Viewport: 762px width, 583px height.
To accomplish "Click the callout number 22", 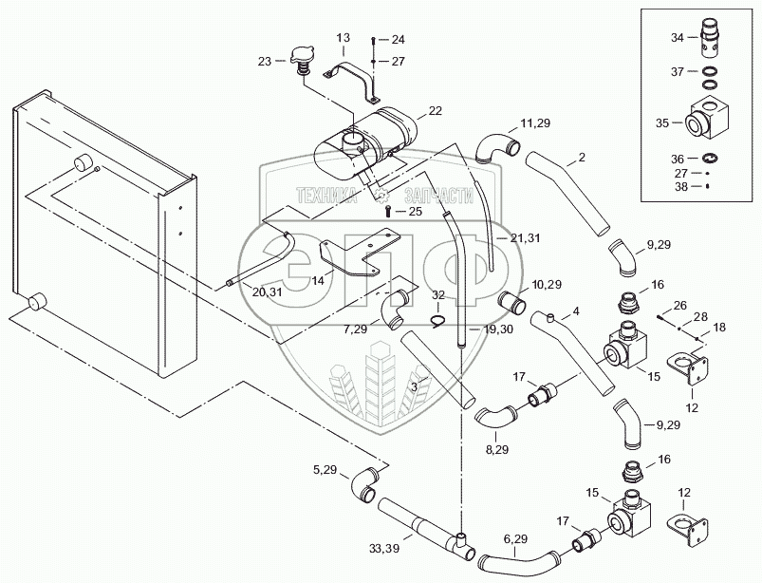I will [x=435, y=111].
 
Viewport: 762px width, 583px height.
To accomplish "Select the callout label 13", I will [x=344, y=37].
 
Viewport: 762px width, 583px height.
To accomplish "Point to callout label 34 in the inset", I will [x=677, y=38].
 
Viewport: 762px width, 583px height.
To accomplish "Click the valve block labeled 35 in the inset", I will [x=710, y=121].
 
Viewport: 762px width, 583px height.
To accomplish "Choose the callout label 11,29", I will [x=533, y=124].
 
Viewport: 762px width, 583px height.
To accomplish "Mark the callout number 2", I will [x=581, y=155].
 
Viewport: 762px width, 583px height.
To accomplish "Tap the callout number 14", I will [x=316, y=281].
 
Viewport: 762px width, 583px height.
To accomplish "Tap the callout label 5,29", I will [x=325, y=468].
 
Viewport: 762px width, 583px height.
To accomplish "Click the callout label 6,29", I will [x=514, y=538].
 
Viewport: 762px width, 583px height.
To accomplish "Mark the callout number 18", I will [x=718, y=327].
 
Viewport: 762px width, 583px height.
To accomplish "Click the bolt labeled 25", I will [x=386, y=211].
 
